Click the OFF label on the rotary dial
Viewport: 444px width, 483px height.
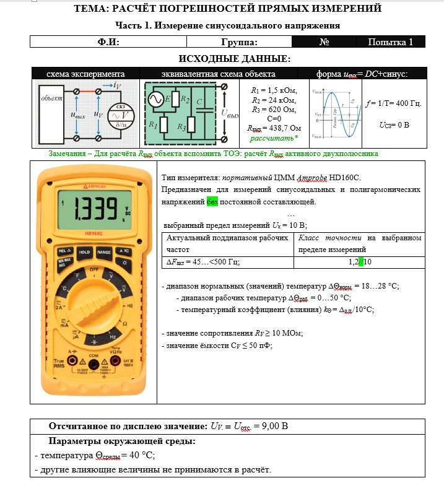pyautogui.click(x=94, y=270)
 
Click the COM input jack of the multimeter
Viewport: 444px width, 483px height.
pyautogui.click(x=94, y=362)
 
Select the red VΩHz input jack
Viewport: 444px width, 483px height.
pyautogui.click(x=116, y=362)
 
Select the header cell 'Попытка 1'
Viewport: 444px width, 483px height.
pyautogui.click(x=391, y=42)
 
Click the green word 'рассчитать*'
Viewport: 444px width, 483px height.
pyautogui.click(x=270, y=137)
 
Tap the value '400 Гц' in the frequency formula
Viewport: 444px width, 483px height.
pyautogui.click(x=408, y=103)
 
